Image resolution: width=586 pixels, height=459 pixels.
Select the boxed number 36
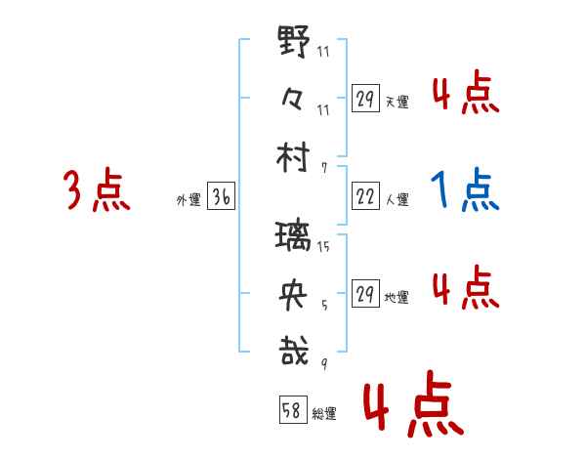click(x=221, y=198)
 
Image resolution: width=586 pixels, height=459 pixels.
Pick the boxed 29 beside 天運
click(x=366, y=98)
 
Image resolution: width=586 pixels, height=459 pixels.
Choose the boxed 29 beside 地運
click(x=366, y=294)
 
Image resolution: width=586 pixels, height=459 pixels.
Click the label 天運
click(x=397, y=101)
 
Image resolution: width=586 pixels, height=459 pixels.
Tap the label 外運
click(x=188, y=200)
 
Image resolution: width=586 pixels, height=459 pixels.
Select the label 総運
click(x=324, y=414)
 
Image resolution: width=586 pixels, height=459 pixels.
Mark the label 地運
click(x=397, y=297)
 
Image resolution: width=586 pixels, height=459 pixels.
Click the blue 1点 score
click(x=465, y=189)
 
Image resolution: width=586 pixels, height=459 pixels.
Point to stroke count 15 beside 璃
click(x=323, y=248)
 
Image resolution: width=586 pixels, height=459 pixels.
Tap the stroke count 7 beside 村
click(x=323, y=167)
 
